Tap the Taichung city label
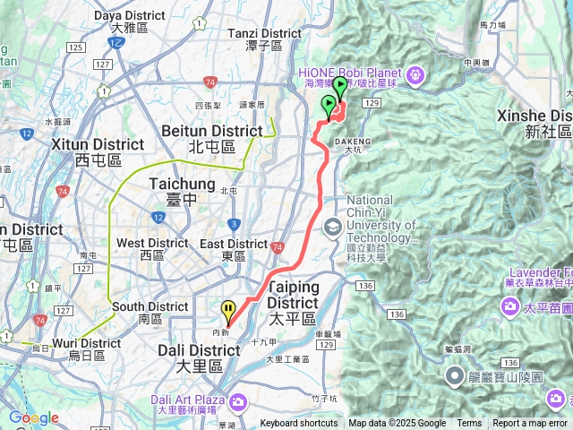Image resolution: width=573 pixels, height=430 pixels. coord(181,184)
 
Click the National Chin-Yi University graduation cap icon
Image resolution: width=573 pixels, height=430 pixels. coord(332,227)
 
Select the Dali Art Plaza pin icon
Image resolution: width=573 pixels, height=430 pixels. coord(230,400)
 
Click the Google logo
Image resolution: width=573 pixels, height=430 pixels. coord(33,418)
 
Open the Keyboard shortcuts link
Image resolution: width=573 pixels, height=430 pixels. coord(299,424)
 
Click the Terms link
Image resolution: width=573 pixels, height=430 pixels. coord(469,424)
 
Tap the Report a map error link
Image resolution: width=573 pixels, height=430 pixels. coord(530,424)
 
